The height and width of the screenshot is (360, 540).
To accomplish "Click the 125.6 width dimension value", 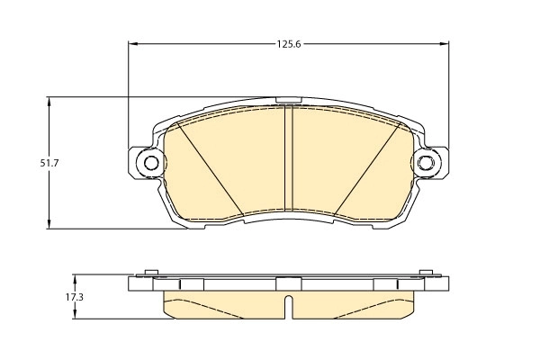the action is pyautogui.click(x=289, y=44).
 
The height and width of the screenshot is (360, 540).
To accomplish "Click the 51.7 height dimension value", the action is pyautogui.click(x=49, y=163).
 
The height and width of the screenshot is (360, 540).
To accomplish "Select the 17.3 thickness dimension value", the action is pyautogui.click(x=75, y=297).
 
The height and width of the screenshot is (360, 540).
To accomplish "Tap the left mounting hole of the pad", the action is pyautogui.click(x=151, y=163).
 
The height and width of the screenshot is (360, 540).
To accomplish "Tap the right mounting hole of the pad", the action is pyautogui.click(x=427, y=163).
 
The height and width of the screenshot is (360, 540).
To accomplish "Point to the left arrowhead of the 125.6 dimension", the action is pyautogui.click(x=133, y=44).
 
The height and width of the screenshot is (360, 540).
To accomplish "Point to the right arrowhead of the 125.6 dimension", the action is pyautogui.click(x=445, y=44).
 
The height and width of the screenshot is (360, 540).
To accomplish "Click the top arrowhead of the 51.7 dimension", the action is pyautogui.click(x=49, y=102).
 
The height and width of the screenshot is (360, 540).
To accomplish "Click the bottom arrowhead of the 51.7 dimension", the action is pyautogui.click(x=49, y=224).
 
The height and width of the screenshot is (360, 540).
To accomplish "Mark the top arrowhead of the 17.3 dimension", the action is pyautogui.click(x=75, y=279).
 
